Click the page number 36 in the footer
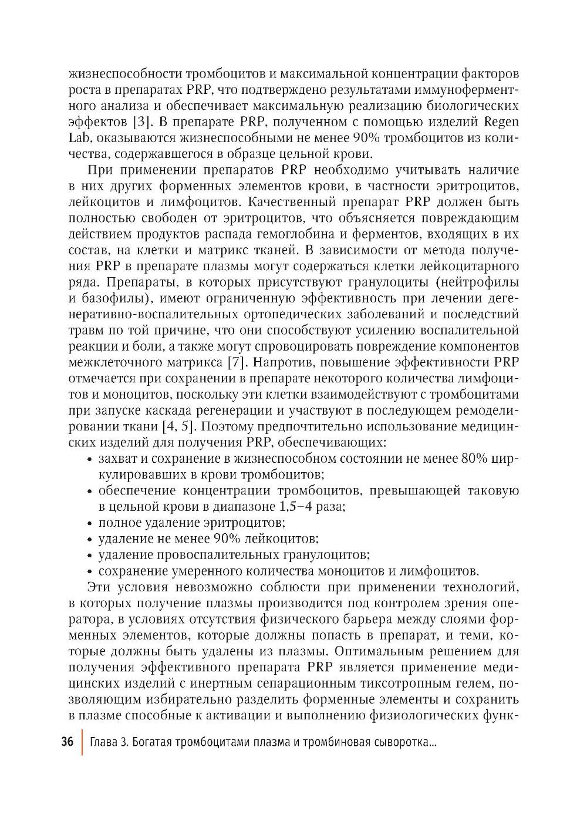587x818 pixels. coord(67,742)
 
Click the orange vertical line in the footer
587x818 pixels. coord(82,742)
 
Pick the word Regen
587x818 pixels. coord(501,123)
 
